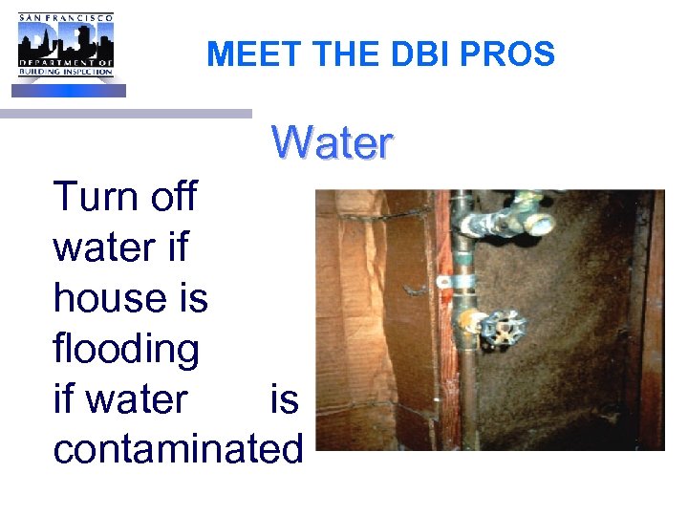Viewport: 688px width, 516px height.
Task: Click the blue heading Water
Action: [x=332, y=143]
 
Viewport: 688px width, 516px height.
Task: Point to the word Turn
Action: [x=92, y=197]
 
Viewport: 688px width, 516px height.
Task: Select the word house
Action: [x=104, y=298]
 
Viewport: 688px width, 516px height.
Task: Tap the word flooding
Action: [x=126, y=349]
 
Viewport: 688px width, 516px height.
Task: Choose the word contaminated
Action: [x=178, y=448]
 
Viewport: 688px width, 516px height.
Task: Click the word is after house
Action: [x=189, y=298]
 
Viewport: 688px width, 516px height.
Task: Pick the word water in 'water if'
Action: [x=101, y=248]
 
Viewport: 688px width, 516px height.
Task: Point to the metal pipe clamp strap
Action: [x=457, y=283]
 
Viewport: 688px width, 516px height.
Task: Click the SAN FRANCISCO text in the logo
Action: [x=65, y=16]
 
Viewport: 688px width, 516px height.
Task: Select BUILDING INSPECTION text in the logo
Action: [x=65, y=73]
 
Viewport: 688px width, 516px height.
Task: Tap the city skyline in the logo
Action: [x=65, y=42]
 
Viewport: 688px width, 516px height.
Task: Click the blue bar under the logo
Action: [x=68, y=90]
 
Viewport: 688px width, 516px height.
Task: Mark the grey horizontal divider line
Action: [x=125, y=113]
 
